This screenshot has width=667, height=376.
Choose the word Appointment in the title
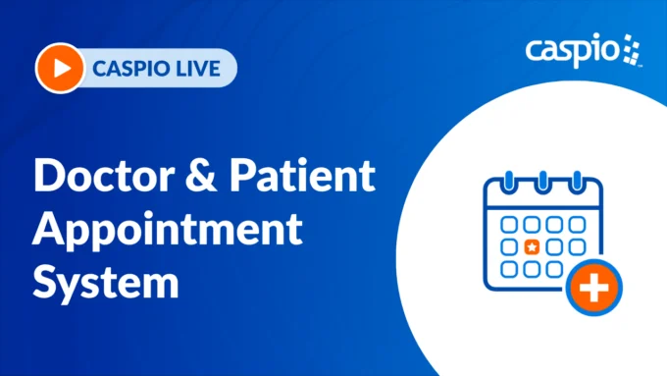click(167, 230)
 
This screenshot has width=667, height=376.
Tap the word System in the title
click(107, 283)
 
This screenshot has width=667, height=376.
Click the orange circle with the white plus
click(592, 287)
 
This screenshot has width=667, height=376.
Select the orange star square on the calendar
click(532, 246)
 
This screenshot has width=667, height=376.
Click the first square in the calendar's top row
click(509, 225)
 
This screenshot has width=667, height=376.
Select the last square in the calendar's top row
click(578, 225)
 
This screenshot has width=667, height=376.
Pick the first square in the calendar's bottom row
click(509, 268)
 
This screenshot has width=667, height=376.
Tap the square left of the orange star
click(509, 246)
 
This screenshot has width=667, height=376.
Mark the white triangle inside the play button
click(61, 69)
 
